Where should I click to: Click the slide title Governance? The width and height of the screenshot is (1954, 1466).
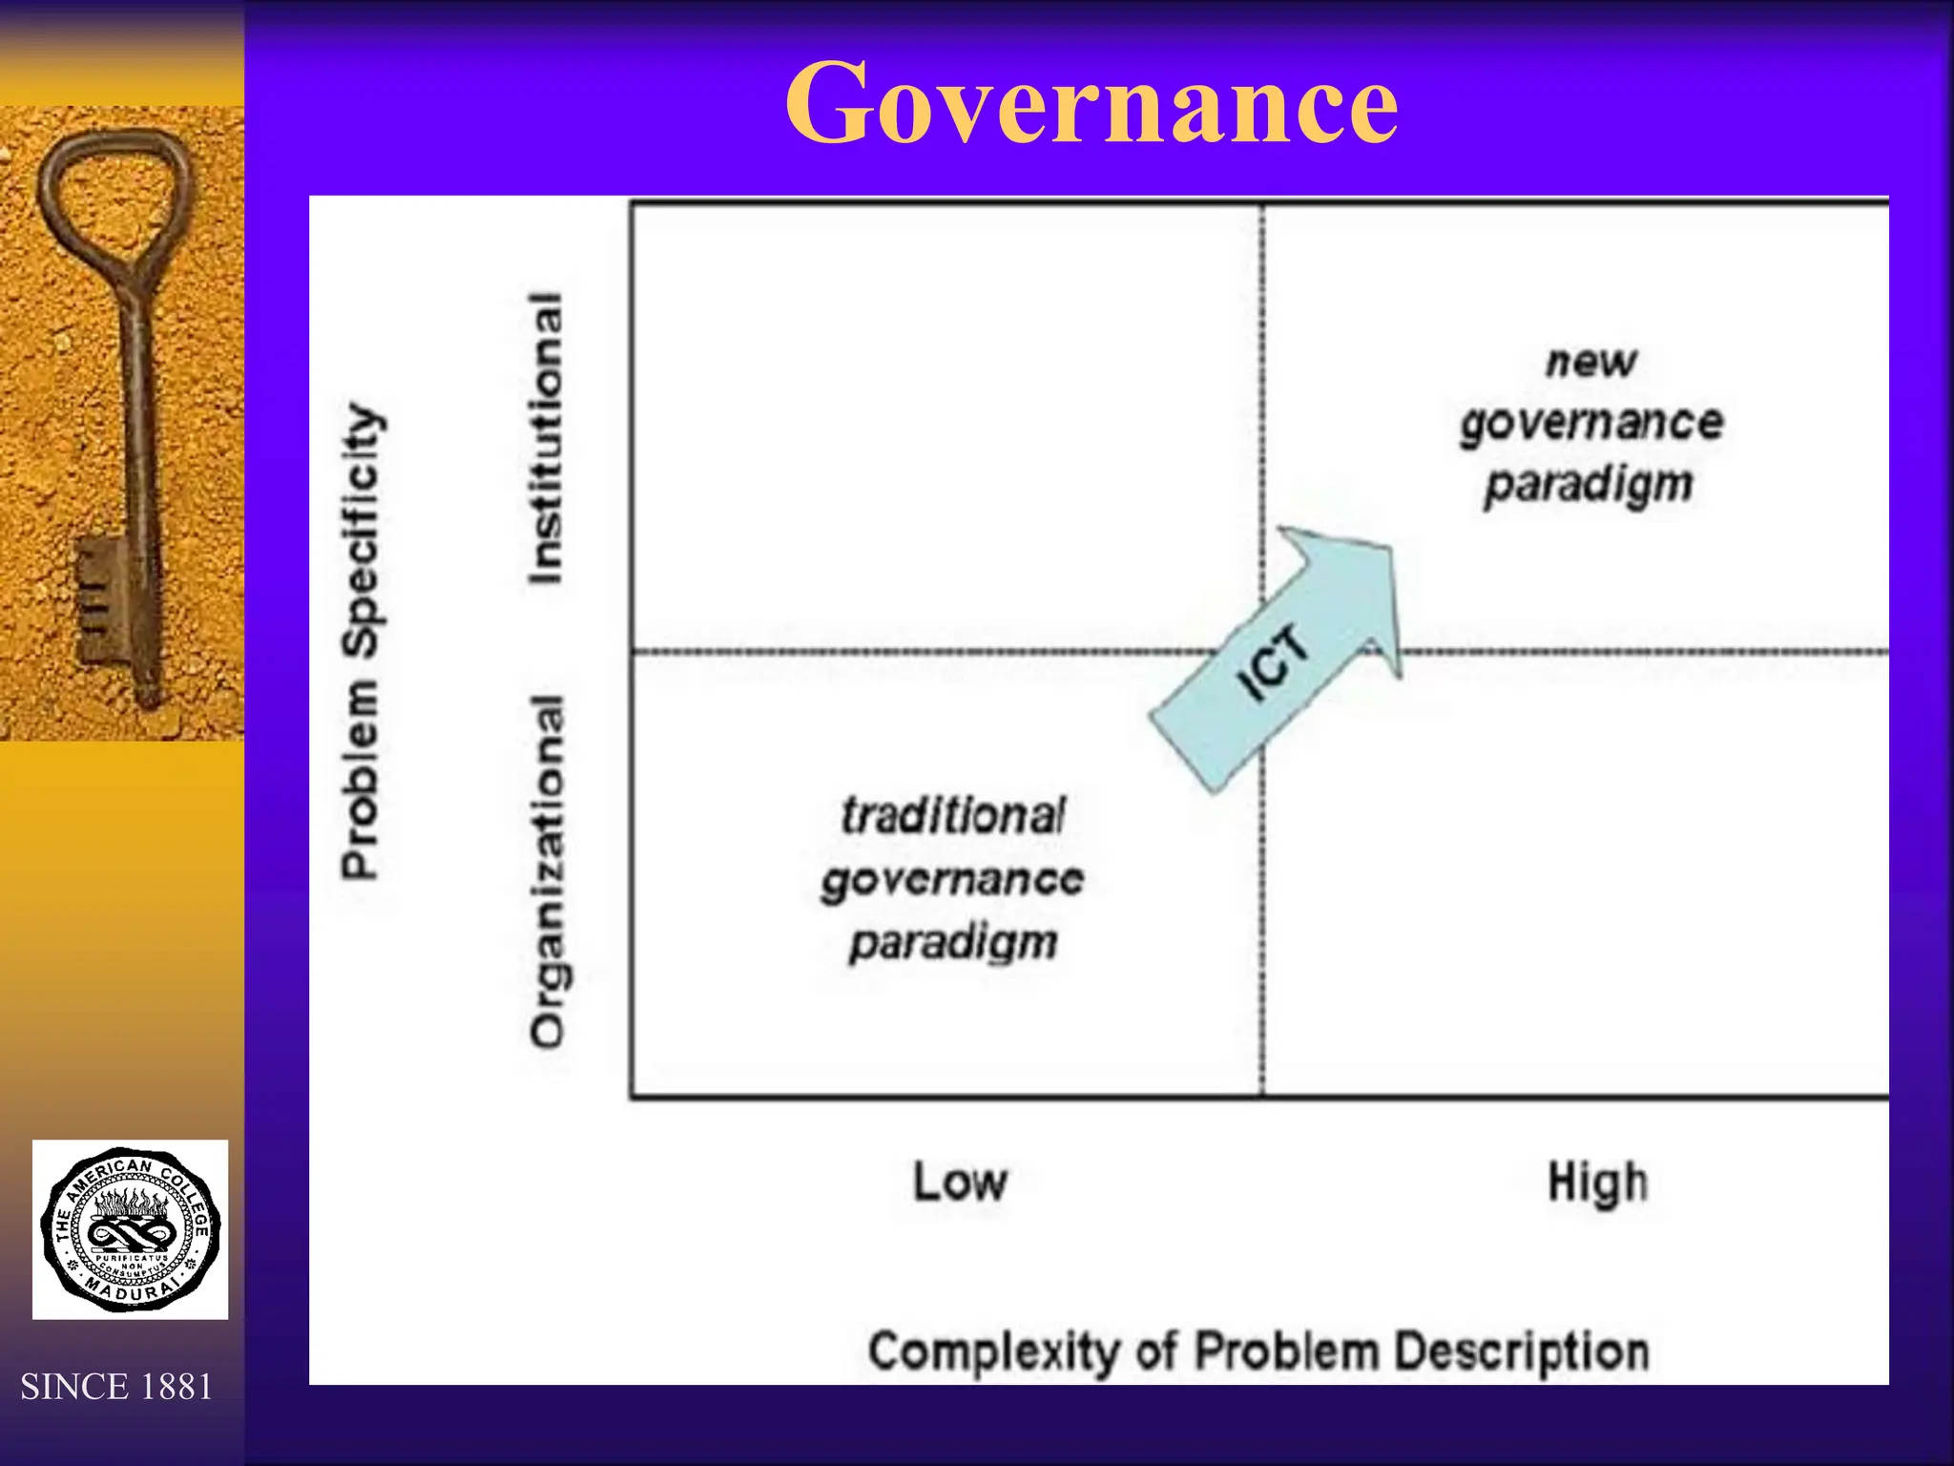point(1091,103)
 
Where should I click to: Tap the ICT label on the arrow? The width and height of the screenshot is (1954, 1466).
point(1273,661)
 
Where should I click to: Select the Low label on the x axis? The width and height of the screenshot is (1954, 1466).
point(960,1182)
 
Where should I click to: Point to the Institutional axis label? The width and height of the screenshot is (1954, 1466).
point(547,437)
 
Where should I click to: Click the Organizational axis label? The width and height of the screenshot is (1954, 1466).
point(549,870)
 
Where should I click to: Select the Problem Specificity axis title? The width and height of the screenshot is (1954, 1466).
point(362,639)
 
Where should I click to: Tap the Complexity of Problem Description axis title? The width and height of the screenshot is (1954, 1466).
point(1258,1351)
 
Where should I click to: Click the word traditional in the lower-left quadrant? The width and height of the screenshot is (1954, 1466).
point(952,816)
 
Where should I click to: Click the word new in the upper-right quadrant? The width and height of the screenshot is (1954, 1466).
point(1590,362)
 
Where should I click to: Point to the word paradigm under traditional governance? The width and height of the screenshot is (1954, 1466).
point(953,944)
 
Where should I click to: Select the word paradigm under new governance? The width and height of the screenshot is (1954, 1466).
point(1589,485)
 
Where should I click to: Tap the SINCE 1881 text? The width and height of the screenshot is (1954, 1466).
point(116,1387)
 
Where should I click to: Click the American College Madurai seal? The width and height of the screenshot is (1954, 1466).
point(131,1229)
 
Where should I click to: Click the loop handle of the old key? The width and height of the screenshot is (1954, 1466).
point(114,191)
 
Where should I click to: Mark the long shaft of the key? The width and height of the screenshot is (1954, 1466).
point(138,429)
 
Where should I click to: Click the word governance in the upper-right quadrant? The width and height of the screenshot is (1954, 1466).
point(1591,423)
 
